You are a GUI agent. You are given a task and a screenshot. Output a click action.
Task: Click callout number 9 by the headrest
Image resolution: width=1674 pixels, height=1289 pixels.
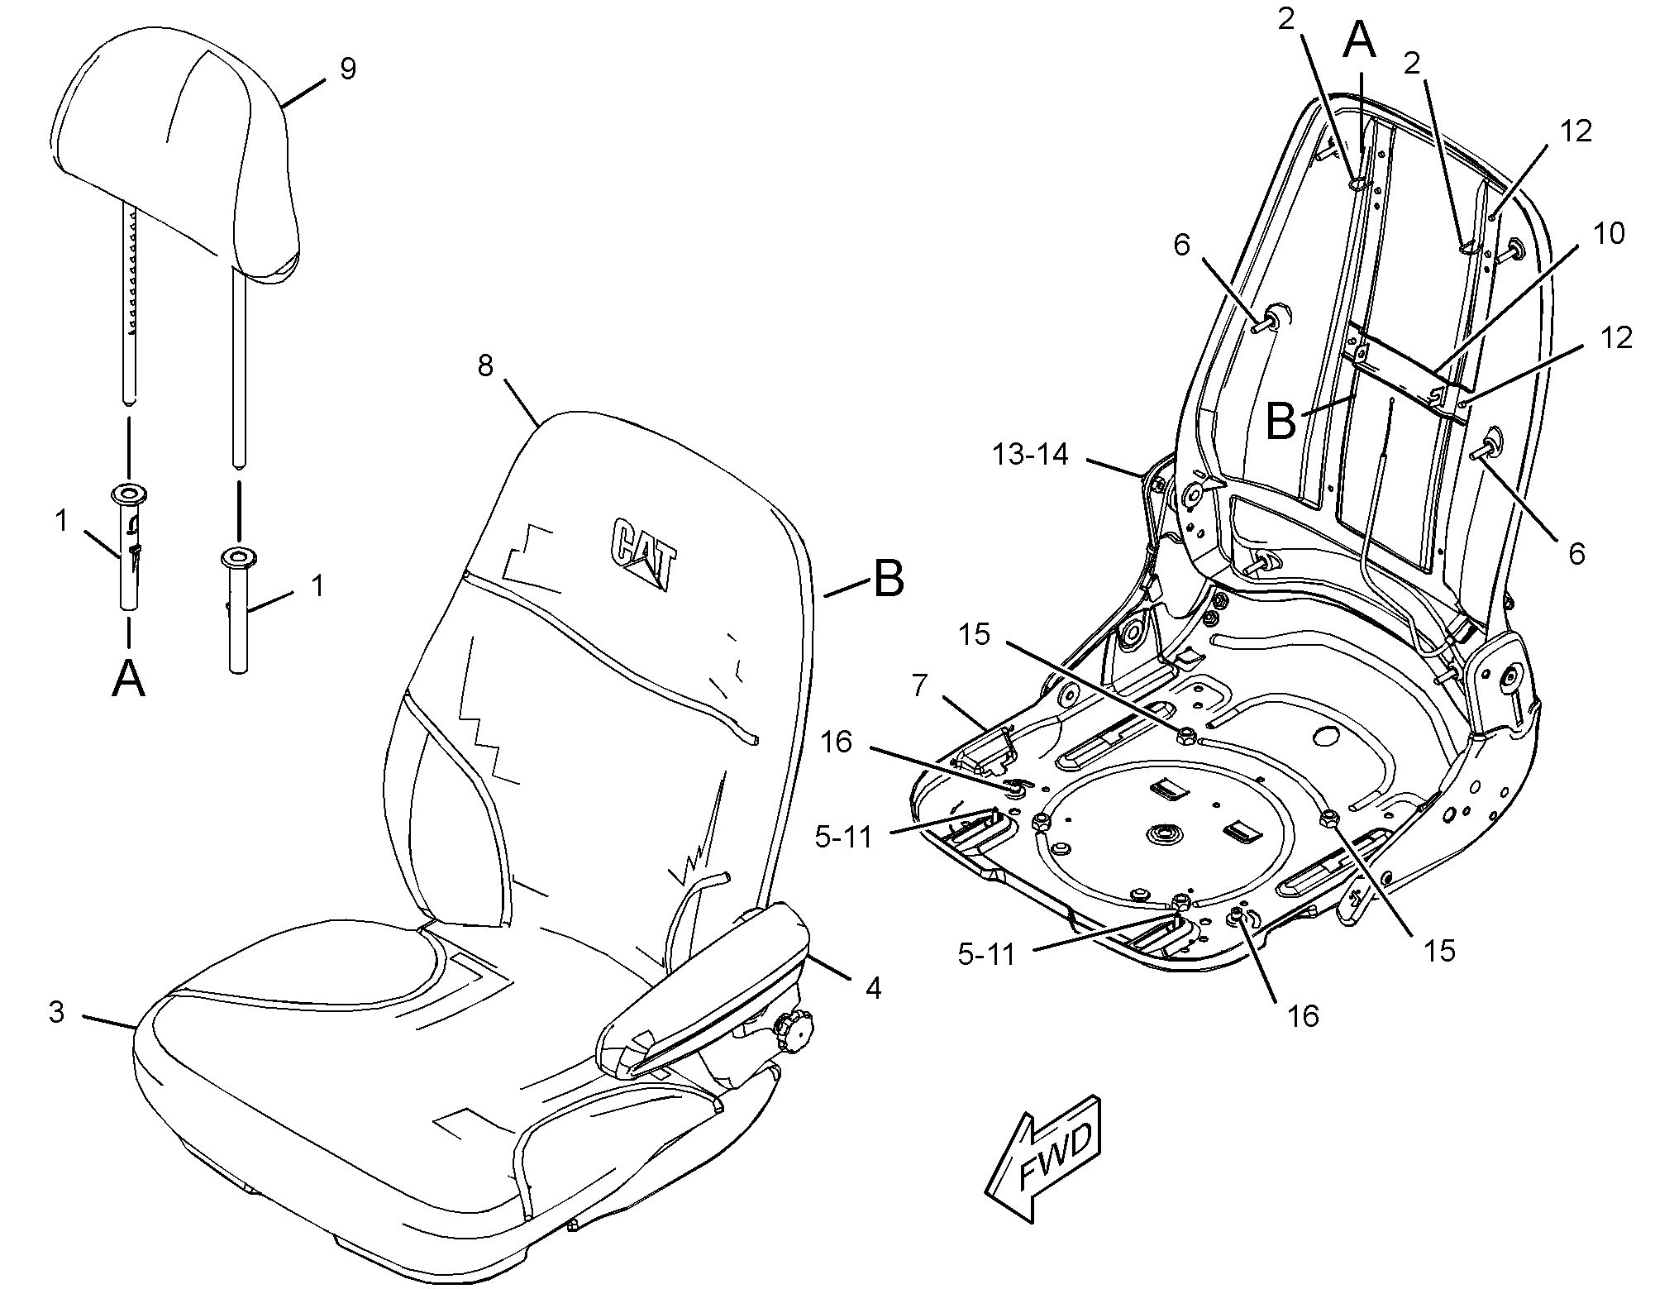tap(348, 69)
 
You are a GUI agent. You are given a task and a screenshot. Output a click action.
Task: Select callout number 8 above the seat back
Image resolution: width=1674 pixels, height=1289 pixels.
tap(486, 365)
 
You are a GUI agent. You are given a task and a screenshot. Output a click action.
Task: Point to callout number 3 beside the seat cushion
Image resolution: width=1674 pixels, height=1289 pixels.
tap(56, 1012)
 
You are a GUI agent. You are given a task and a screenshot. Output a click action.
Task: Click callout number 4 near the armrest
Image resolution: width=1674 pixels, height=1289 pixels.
tap(873, 987)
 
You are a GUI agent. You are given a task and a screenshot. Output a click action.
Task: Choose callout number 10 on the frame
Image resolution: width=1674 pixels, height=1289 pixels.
tap(1608, 234)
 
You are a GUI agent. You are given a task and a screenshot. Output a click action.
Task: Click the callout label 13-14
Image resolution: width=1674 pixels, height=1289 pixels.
tap(1031, 454)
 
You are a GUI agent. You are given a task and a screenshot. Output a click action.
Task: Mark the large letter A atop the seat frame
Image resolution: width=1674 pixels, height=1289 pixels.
tap(1359, 41)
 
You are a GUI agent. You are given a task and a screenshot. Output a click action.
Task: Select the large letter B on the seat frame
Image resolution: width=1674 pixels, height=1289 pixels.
tap(1281, 421)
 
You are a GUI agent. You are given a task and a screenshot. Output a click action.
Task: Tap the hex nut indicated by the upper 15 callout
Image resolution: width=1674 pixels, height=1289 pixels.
tap(1185, 733)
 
